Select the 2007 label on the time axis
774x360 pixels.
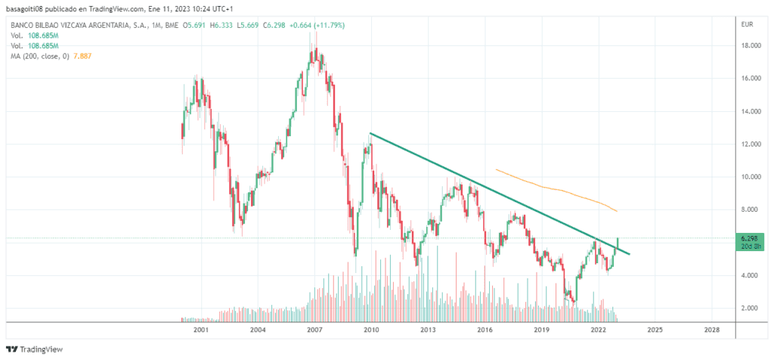tap(314, 331)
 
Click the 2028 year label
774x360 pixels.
tap(711, 331)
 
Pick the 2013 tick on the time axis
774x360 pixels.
tap(428, 331)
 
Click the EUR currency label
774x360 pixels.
tap(748, 25)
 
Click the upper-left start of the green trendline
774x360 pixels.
tap(370, 134)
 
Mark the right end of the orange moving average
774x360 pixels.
tap(618, 211)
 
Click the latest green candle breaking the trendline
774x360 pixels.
tap(618, 244)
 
